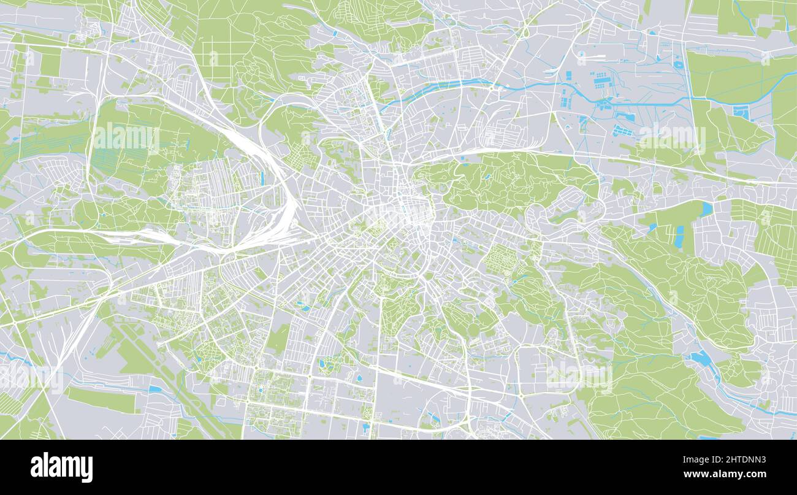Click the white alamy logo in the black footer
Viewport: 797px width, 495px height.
click(x=62, y=467)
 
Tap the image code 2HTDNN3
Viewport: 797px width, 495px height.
click(x=744, y=459)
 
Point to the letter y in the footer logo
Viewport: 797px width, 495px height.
click(x=88, y=470)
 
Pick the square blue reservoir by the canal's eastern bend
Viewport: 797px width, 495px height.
click(x=741, y=112)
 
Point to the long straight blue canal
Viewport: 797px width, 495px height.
click(x=638, y=102)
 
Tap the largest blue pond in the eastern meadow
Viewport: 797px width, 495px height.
click(x=706, y=209)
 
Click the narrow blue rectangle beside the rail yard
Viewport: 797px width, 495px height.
click(x=262, y=178)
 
